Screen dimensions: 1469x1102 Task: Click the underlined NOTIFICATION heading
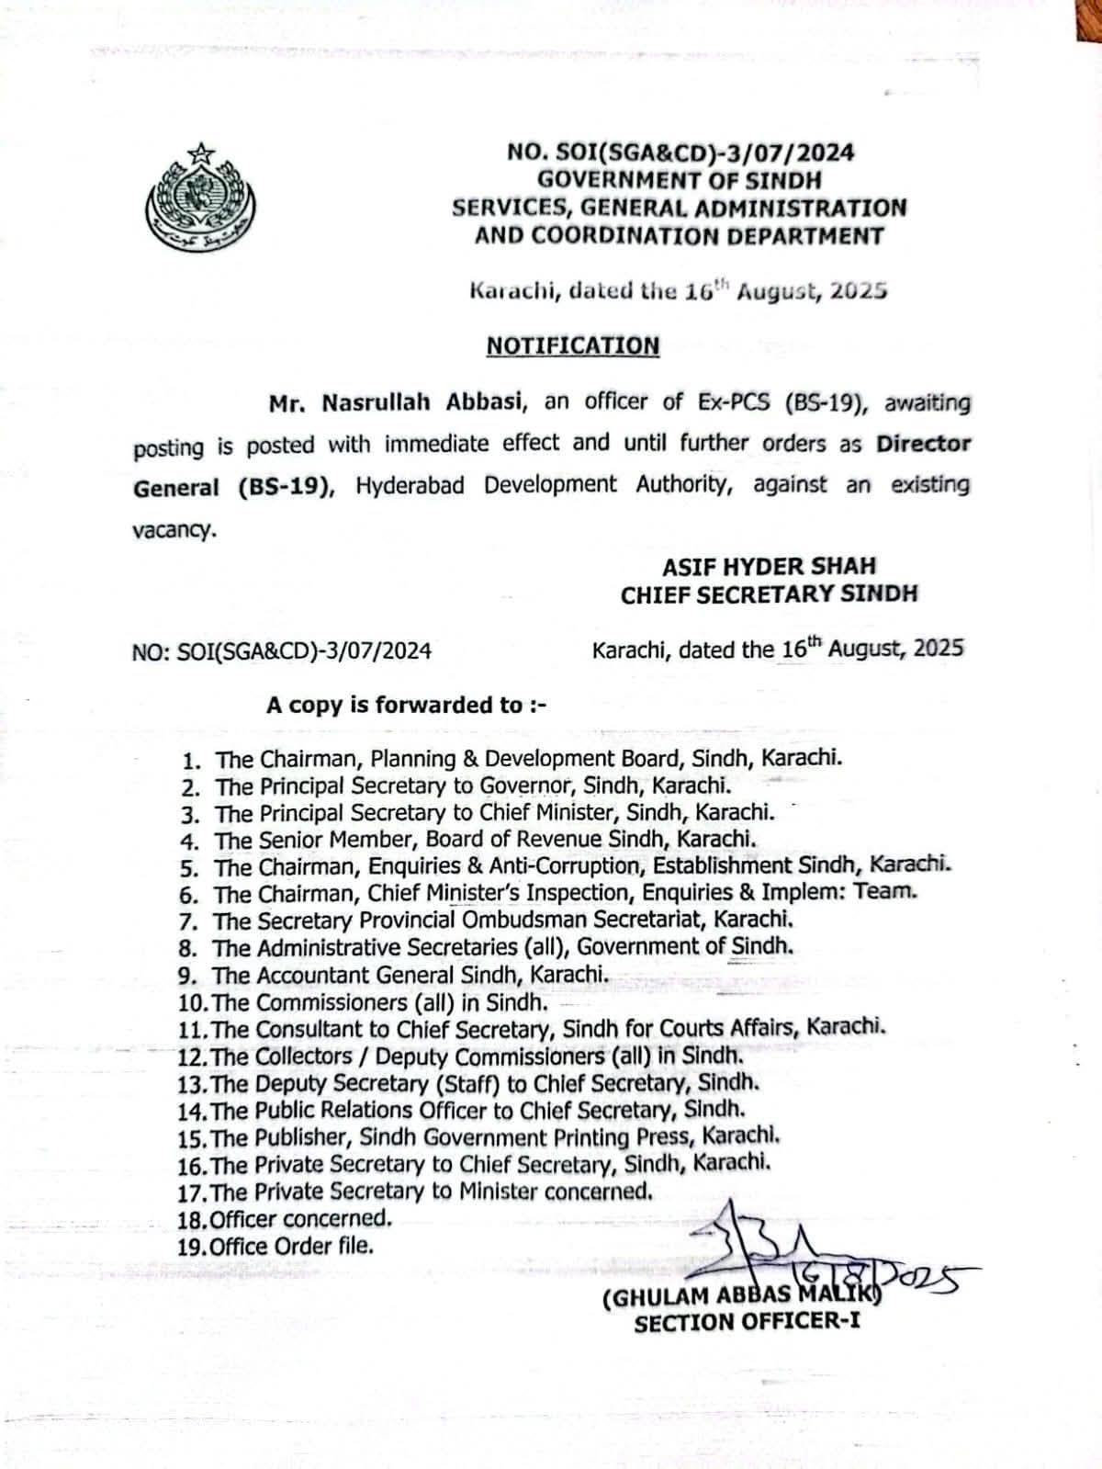(572, 345)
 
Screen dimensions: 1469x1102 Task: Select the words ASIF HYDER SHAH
(769, 566)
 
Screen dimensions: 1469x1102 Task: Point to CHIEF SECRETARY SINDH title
(769, 594)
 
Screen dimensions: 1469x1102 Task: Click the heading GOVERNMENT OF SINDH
(680, 180)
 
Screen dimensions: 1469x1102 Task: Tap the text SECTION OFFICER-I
(747, 1323)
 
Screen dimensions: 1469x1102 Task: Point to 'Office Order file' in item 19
(292, 1247)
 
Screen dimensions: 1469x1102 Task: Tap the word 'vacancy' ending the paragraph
(174, 530)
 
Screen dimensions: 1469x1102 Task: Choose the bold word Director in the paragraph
(923, 444)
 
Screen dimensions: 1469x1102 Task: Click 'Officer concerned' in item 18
(301, 1219)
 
